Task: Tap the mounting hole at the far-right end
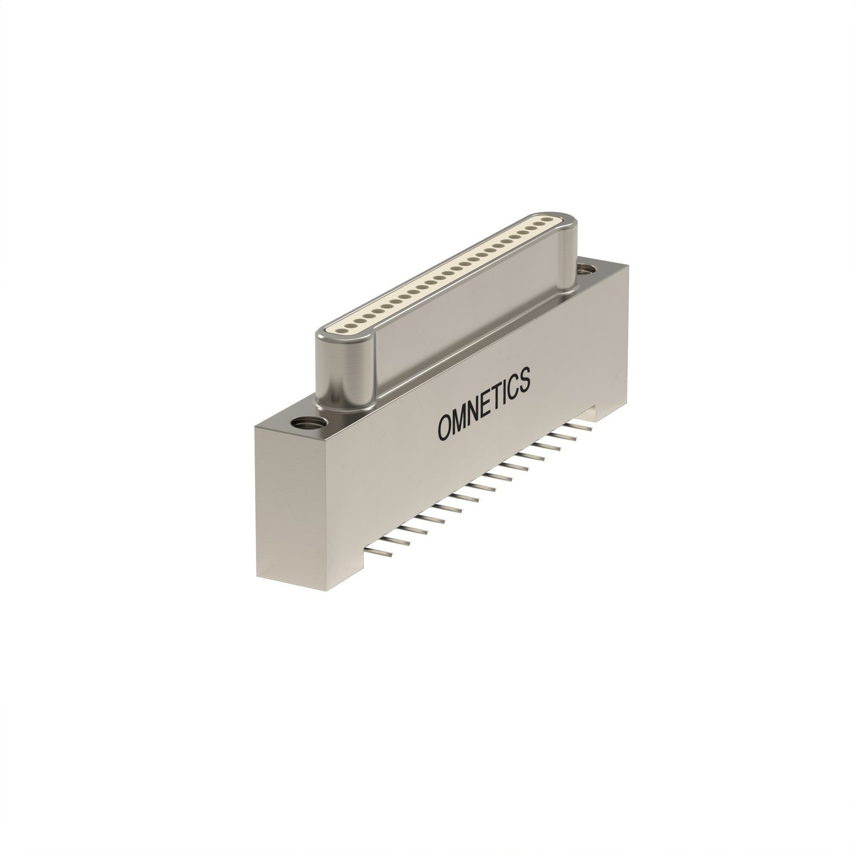point(586,268)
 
